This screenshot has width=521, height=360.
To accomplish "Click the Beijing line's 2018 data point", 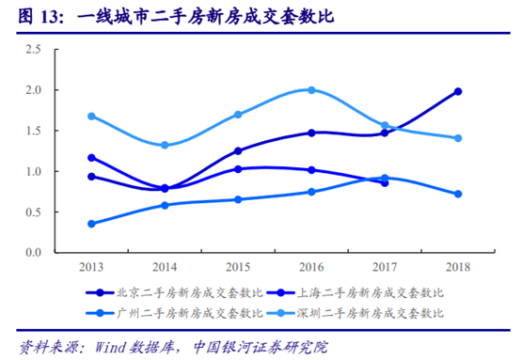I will pos(457,91).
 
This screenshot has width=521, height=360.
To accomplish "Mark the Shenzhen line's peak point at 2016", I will pos(311,90).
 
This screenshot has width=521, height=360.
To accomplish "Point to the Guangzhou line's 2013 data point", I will pos(91,224).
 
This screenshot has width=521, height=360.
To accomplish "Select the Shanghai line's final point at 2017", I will pos(385,182).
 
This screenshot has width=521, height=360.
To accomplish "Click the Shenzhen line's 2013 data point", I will pos(91,117).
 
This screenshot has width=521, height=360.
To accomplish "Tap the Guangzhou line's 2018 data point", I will pos(457,194).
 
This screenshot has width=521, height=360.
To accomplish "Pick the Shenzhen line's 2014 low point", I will pos(165,146).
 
